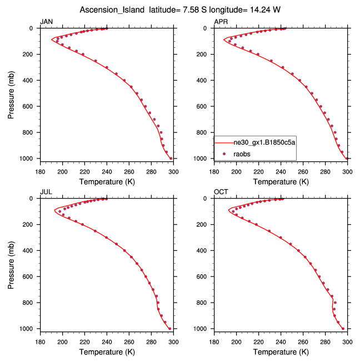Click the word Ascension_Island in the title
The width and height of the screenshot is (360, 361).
click(107, 10)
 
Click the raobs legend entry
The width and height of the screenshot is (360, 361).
click(243, 152)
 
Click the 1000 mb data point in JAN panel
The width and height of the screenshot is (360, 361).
click(171, 159)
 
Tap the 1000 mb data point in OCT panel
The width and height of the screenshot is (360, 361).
click(343, 329)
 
